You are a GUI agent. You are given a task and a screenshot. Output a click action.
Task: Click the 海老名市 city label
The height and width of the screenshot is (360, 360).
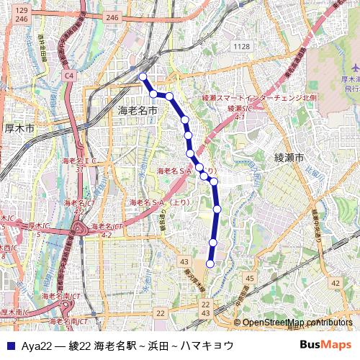137,110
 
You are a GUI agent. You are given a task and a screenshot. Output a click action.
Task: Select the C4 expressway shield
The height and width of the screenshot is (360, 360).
69,74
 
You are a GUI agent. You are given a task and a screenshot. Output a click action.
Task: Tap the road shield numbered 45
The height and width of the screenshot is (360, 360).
250,278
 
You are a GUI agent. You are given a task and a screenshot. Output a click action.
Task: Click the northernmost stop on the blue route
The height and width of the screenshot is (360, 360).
143,76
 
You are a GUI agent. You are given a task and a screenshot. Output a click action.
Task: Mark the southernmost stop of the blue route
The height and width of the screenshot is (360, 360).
210,264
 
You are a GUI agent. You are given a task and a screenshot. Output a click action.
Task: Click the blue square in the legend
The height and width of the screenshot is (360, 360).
9,346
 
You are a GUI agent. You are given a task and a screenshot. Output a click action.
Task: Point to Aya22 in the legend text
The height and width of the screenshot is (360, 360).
31,346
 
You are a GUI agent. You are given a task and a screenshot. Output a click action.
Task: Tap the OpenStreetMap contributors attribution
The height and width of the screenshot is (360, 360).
297,323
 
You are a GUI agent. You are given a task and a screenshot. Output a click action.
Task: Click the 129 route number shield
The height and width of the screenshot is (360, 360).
22,11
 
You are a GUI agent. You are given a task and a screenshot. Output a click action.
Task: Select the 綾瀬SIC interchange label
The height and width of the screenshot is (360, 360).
235,107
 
